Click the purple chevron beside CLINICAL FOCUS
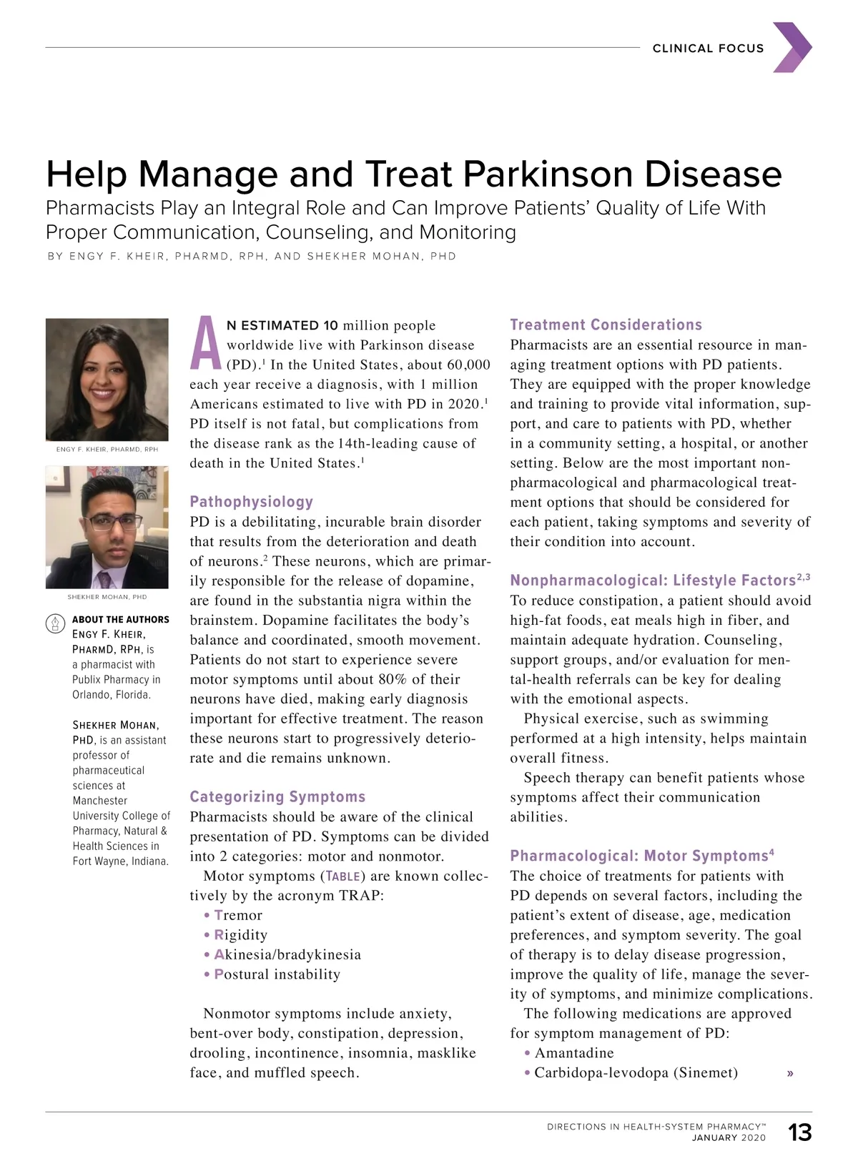(x=792, y=47)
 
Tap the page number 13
(x=800, y=1132)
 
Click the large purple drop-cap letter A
(x=206, y=345)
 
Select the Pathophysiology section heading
(x=252, y=502)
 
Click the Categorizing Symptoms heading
(x=277, y=796)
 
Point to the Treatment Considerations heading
(x=606, y=325)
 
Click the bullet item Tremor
(x=238, y=915)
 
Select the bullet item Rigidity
(x=241, y=935)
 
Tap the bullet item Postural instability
(x=277, y=974)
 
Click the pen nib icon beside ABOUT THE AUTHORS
(x=55, y=624)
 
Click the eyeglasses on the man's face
(x=112, y=520)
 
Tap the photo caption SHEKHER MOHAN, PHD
(x=107, y=597)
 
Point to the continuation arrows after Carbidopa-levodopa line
(x=790, y=1073)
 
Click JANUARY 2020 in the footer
(x=729, y=1138)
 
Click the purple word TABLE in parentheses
(x=343, y=876)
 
